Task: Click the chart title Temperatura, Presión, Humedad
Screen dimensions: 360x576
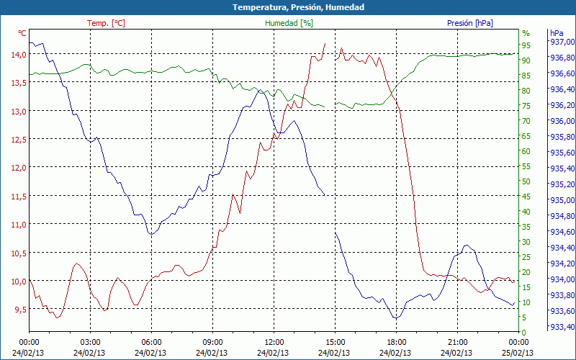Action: (x=288, y=7)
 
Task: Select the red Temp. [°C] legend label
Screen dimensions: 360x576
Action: (x=107, y=23)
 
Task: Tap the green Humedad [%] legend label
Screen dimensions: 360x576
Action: (x=289, y=23)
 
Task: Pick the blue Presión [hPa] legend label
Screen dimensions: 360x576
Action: (x=470, y=23)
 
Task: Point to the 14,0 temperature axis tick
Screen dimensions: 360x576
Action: (x=17, y=54)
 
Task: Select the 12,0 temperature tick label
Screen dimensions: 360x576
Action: (x=17, y=167)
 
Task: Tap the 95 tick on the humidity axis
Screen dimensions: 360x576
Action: (x=526, y=45)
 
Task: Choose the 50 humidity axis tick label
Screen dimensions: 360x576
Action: (x=526, y=181)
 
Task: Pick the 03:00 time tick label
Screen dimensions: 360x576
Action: (x=90, y=342)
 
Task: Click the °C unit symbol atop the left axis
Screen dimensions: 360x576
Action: (x=22, y=33)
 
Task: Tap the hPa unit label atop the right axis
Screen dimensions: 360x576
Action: (x=557, y=33)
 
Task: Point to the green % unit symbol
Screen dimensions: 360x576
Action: (x=526, y=33)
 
